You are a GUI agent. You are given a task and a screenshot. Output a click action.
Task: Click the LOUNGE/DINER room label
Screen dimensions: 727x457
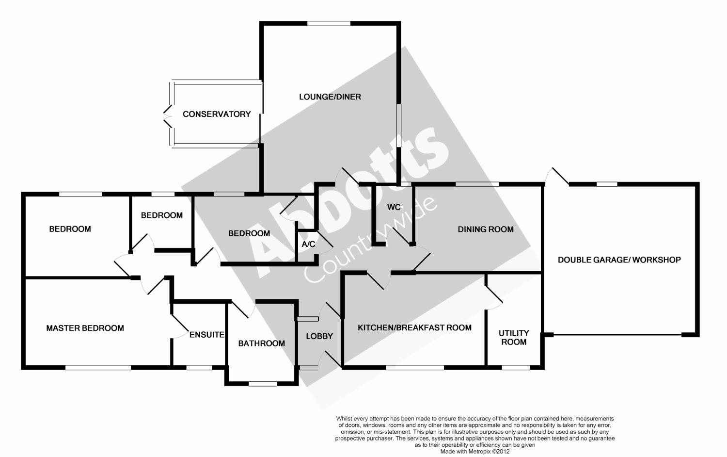pyautogui.click(x=330, y=97)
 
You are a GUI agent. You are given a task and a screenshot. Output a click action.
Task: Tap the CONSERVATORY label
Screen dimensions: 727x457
pyautogui.click(x=217, y=114)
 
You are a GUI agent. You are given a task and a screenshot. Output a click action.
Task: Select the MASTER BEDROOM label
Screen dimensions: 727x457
pyautogui.click(x=85, y=328)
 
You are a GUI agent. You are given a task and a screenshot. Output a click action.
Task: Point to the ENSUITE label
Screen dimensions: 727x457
pyautogui.click(x=206, y=335)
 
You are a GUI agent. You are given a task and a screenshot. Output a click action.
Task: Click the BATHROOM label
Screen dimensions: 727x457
pyautogui.click(x=261, y=343)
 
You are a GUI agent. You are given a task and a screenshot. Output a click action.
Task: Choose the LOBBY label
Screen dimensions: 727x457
pyautogui.click(x=319, y=336)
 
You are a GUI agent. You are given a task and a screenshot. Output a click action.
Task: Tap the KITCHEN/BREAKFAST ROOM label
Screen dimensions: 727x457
pyautogui.click(x=414, y=327)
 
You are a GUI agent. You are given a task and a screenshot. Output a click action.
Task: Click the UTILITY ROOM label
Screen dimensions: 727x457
pyautogui.click(x=514, y=337)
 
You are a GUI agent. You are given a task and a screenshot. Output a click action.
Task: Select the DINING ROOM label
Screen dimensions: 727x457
pyautogui.click(x=486, y=229)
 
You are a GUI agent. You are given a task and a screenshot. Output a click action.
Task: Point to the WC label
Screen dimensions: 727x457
pyautogui.click(x=394, y=207)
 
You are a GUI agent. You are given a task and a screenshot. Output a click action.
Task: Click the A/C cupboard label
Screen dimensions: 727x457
pyautogui.click(x=308, y=244)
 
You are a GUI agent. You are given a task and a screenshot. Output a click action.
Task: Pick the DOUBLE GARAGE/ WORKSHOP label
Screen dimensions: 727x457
pyautogui.click(x=619, y=260)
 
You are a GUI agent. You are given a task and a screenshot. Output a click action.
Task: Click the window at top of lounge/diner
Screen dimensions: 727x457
pyautogui.click(x=329, y=23)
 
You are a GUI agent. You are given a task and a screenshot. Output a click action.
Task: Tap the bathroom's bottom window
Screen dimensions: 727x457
pyautogui.click(x=263, y=384)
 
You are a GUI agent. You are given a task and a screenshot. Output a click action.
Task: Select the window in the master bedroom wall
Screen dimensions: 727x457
pyautogui.click(x=98, y=367)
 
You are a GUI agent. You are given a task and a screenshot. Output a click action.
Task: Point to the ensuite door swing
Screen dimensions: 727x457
pyautogui.click(x=179, y=326)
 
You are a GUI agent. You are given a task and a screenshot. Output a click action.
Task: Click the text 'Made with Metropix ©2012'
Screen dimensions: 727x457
pyautogui.click(x=474, y=451)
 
